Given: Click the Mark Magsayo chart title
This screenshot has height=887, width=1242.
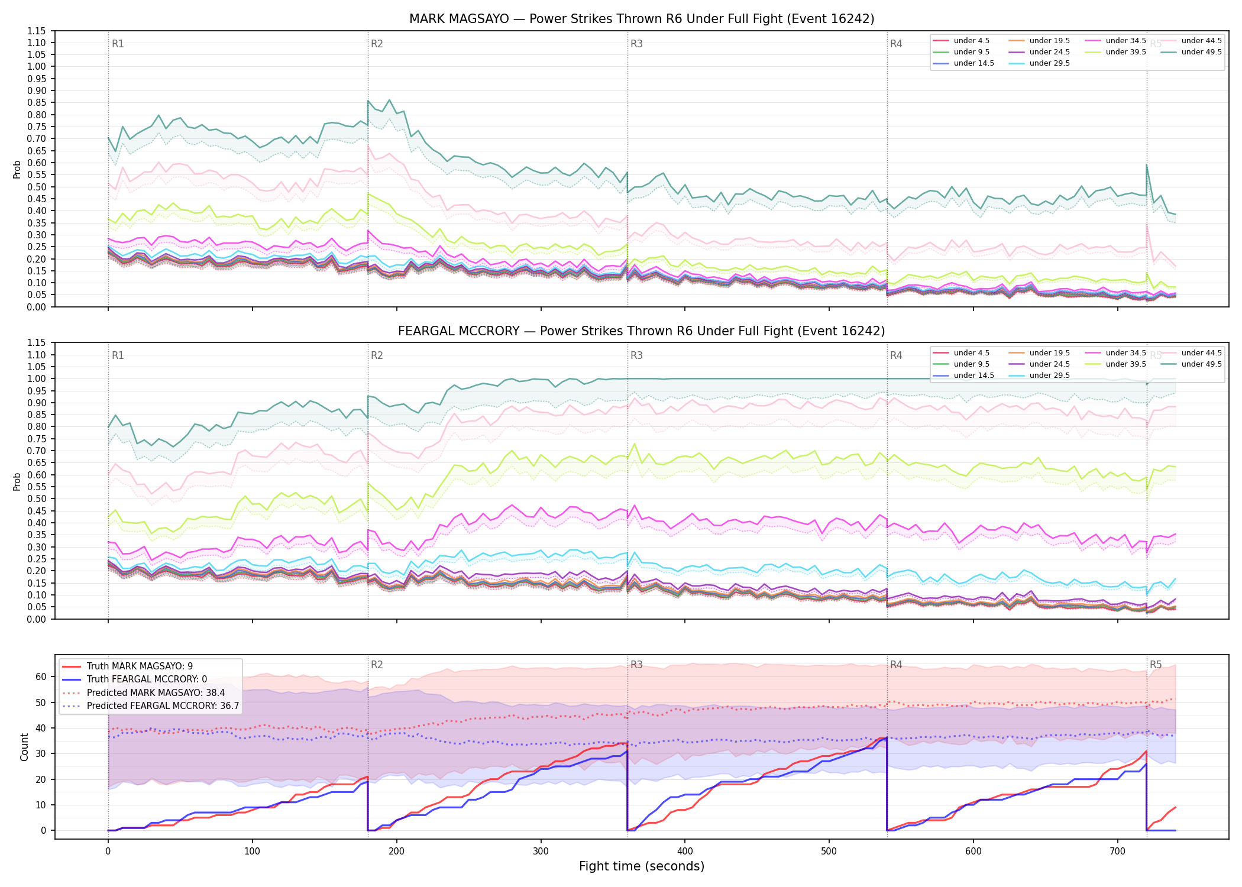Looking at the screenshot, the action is click(642, 19).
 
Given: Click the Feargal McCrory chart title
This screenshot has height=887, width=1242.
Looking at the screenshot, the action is click(642, 331).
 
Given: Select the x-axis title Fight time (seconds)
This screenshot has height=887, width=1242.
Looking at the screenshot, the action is click(642, 866).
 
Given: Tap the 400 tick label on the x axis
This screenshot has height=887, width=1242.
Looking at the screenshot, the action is click(685, 852).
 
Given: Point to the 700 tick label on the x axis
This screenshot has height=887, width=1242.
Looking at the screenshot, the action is click(1118, 852).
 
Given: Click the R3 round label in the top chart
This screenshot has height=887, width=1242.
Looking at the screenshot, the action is click(636, 44).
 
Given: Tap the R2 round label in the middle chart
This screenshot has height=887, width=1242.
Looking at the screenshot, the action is click(377, 355).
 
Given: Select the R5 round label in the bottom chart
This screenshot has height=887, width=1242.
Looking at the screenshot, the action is click(1156, 665).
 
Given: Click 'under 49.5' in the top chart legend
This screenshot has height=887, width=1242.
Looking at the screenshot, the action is click(1202, 52).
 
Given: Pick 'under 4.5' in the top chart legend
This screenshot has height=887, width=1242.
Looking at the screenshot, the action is click(972, 41).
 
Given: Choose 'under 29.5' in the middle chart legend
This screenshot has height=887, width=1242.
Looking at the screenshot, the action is click(1050, 375).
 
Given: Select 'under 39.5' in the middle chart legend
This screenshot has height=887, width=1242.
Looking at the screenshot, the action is click(1126, 364).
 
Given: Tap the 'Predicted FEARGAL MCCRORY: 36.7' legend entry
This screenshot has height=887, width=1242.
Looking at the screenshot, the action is click(163, 706).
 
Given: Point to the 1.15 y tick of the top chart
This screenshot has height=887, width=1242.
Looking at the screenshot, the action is click(37, 31).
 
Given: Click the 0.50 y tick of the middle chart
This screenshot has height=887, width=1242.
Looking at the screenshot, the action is click(37, 498).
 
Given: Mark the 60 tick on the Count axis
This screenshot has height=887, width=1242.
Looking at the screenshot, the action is click(41, 677).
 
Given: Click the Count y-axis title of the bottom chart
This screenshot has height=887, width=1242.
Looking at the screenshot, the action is click(25, 747).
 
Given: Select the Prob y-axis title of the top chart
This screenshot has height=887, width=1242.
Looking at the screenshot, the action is click(17, 169).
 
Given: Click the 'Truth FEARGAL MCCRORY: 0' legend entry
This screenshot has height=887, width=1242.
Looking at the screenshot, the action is click(147, 679).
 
